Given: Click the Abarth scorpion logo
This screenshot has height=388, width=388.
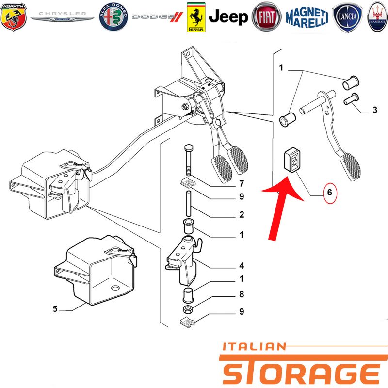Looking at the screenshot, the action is click(x=14, y=17).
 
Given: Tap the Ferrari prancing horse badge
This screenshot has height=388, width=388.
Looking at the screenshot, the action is click(x=196, y=17).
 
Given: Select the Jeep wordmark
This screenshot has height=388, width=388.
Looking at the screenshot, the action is click(x=228, y=17).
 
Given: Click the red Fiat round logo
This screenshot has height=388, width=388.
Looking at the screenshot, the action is click(x=266, y=17).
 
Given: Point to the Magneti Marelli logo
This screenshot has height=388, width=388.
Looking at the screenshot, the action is click(x=307, y=17).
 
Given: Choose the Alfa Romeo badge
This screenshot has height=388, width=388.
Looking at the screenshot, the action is click(x=113, y=17).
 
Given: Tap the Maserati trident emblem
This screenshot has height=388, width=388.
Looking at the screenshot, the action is click(x=378, y=17).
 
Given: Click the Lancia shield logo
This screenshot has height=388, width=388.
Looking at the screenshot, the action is click(x=348, y=17).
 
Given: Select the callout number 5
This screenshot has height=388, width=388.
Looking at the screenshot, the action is click(x=55, y=308).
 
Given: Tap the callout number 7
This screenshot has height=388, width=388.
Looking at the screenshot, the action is click(x=242, y=184).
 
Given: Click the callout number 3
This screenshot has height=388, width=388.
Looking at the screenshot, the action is click(x=375, y=110).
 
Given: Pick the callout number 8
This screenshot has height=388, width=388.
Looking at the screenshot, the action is click(x=242, y=294).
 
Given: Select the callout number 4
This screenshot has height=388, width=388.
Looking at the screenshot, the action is click(x=242, y=265).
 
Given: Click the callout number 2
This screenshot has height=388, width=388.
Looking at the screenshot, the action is click(x=242, y=214).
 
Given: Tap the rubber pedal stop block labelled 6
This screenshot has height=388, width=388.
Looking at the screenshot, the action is click(x=292, y=160).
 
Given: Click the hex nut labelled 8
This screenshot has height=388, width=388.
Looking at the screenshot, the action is click(x=188, y=309).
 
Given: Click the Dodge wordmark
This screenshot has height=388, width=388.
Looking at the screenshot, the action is click(x=157, y=17).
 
